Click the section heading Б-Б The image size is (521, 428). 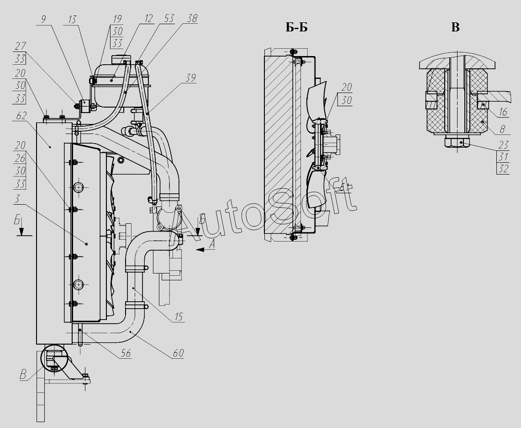(297, 28)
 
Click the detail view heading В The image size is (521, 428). (455, 27)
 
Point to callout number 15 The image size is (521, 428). (178, 316)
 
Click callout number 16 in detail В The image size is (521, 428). (503, 112)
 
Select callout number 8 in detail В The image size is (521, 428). (503, 129)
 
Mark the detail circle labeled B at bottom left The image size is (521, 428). (54, 357)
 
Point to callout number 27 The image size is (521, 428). (20, 46)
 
